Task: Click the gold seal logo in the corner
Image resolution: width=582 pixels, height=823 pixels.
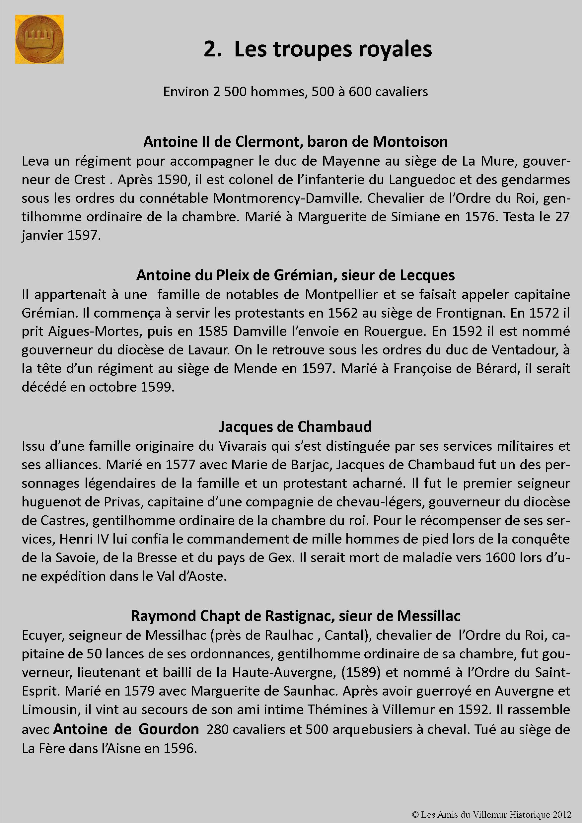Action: pyautogui.click(x=39, y=39)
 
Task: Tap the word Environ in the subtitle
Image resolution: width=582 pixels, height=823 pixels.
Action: pyautogui.click(x=186, y=92)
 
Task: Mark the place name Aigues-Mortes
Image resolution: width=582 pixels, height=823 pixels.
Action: pyautogui.click(x=94, y=332)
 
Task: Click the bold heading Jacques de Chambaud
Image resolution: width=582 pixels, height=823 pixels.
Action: pyautogui.click(x=295, y=427)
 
